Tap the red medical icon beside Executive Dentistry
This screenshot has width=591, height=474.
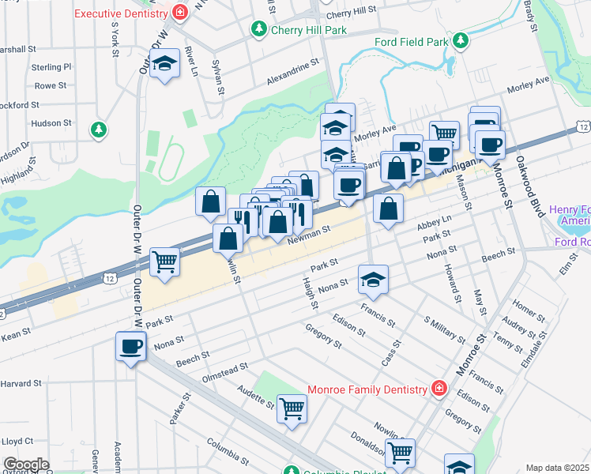pos(181,13)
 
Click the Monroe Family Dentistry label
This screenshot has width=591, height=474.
pos(367,388)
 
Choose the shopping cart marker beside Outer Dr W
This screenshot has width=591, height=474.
pos(164,260)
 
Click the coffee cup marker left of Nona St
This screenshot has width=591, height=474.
pos(131,345)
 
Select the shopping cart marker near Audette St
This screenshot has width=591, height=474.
pos(292,408)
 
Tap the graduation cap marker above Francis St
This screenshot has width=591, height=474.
pos(374,279)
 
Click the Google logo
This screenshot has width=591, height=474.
pos(26,465)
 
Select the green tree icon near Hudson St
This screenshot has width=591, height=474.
pos(99,129)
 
